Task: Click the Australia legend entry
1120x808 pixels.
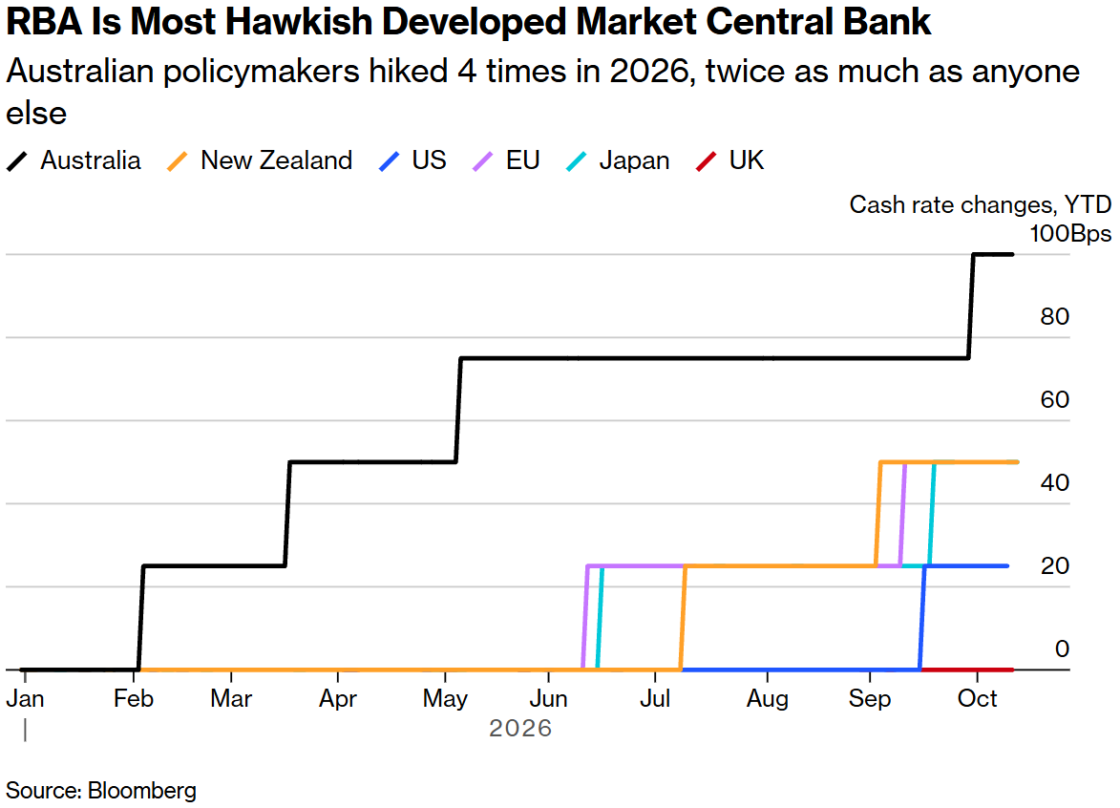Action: (x=74, y=160)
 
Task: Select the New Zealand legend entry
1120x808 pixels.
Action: (x=260, y=160)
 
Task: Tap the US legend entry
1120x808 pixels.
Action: (x=412, y=160)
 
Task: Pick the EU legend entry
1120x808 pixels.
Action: (x=506, y=160)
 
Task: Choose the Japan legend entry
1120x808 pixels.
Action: (x=618, y=160)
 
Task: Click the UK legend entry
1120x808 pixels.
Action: (x=729, y=160)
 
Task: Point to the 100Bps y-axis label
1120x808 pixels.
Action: (x=1070, y=234)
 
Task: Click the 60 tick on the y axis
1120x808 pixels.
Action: (x=1054, y=399)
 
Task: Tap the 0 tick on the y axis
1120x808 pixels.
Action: (x=1062, y=649)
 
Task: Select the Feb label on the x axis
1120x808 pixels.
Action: (x=134, y=698)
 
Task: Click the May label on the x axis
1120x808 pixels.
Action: (x=445, y=698)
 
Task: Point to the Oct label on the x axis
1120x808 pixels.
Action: (x=977, y=698)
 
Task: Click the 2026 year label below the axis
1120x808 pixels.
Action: (x=520, y=728)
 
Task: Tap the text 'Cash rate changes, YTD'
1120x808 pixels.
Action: (x=980, y=205)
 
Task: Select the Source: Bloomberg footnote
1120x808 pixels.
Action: (x=100, y=791)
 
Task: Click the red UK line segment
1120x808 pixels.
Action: (x=967, y=670)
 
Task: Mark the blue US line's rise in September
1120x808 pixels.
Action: (x=922, y=618)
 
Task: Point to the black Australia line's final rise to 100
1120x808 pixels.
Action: (x=971, y=306)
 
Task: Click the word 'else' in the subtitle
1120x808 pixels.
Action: (x=36, y=114)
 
